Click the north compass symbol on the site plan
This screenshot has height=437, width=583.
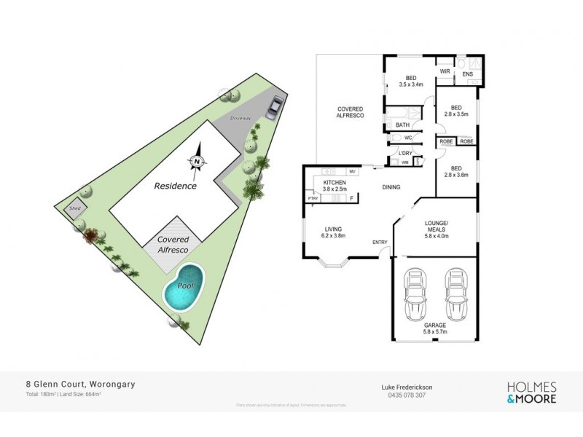pyautogui.click(x=197, y=162)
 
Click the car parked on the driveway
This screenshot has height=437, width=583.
pyautogui.click(x=273, y=108)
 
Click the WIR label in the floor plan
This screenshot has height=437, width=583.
pyautogui.click(x=444, y=71)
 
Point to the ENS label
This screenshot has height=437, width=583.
pyautogui.click(x=467, y=74)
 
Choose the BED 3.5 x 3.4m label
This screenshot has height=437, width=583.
pyautogui.click(x=412, y=81)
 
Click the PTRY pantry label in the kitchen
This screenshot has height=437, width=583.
pyautogui.click(x=313, y=197)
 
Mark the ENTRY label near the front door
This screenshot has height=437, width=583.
pyautogui.click(x=380, y=242)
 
